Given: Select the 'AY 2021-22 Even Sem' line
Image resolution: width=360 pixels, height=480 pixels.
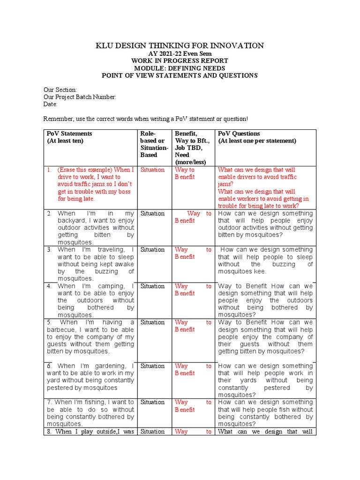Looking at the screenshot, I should [x=180, y=54].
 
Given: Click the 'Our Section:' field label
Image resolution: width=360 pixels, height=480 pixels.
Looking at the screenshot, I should [x=60, y=90].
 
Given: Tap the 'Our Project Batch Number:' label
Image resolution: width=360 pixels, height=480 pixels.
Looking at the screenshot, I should [x=80, y=97].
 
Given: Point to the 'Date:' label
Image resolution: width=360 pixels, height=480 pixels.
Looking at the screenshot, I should [x=50, y=104].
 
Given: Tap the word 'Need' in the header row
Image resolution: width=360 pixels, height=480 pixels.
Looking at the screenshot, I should [x=182, y=155].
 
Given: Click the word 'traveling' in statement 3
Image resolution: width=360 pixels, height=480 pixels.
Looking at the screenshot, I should [x=111, y=250].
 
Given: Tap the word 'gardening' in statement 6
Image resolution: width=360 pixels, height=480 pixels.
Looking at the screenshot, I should [x=112, y=366].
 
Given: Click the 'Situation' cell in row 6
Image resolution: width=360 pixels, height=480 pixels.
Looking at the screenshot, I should [x=152, y=366].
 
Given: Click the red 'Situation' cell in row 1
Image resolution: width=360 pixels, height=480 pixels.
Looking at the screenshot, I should [x=152, y=170].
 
